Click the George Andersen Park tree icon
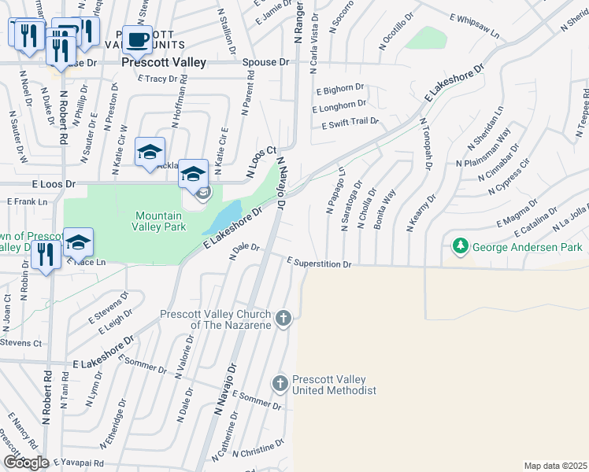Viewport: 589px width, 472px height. point(460,248)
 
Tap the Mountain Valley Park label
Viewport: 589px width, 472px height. point(160,221)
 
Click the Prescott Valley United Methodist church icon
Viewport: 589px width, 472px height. point(279,384)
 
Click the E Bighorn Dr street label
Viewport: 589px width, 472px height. point(339,88)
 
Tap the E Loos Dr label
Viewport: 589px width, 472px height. point(54,184)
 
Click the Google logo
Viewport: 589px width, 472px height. point(26,463)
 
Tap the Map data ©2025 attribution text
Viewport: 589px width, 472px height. point(555,466)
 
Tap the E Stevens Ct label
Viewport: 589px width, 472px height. point(20,343)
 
